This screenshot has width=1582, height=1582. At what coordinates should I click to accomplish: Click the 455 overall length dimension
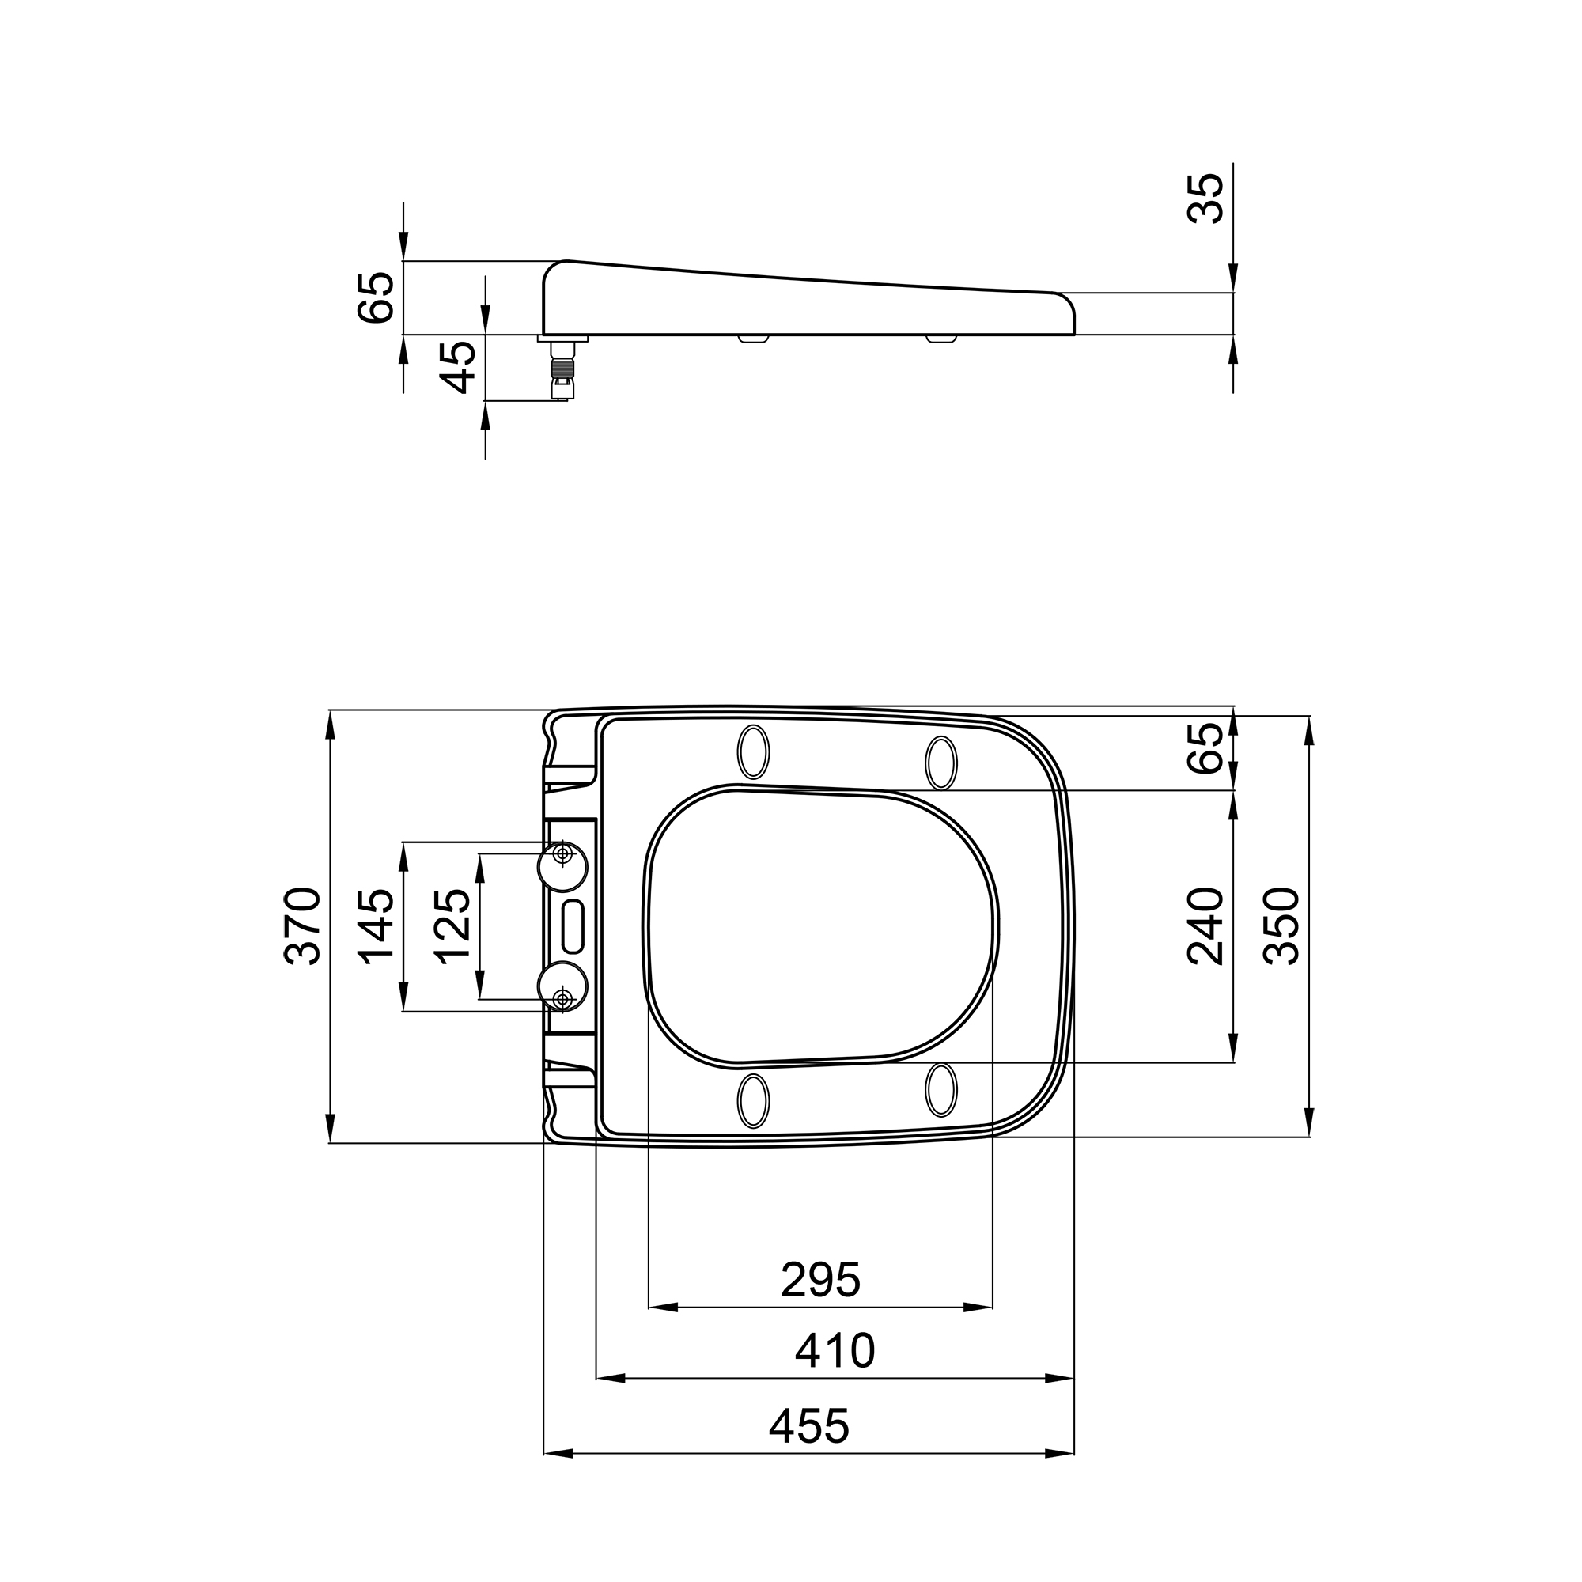pos(809,1425)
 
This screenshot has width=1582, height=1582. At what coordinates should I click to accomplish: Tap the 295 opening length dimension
pos(819,1280)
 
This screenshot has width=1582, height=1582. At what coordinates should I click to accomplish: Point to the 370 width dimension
pos(302,925)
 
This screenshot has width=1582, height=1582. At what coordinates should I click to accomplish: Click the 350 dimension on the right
pos(1281,925)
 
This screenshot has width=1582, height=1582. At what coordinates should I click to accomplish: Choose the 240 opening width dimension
pos(1205,925)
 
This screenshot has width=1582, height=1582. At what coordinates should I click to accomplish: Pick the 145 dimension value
pos(377,926)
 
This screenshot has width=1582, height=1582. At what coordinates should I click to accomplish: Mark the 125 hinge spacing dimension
pos(452,926)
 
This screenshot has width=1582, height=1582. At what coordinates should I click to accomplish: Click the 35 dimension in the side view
pos(1205,199)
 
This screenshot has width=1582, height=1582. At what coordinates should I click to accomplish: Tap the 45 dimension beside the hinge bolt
pos(458,367)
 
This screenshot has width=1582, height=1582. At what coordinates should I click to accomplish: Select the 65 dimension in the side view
pos(377,297)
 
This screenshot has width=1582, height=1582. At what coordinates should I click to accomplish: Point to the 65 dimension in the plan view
pos(1205,747)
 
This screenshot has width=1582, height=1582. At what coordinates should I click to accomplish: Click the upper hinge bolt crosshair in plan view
pos(562,854)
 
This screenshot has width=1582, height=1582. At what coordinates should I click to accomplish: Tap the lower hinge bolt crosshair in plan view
pos(562,998)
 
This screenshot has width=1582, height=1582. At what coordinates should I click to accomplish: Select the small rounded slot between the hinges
pos(573,926)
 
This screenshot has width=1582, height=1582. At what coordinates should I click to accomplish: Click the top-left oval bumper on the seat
pos(753,751)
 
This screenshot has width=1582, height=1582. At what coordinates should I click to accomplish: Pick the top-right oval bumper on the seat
pos(940,763)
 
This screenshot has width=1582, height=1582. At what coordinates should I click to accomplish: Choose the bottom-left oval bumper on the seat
pos(753,1100)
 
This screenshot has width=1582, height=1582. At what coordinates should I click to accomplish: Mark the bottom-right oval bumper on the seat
pos(940,1090)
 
